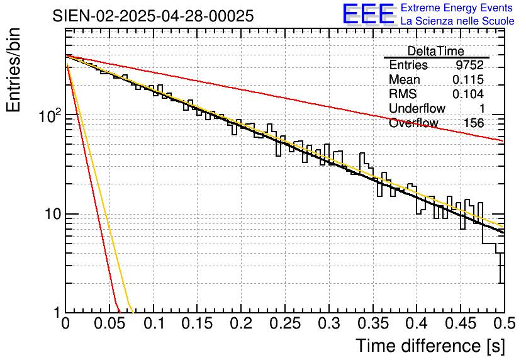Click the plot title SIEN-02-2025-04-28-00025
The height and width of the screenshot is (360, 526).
point(153,16)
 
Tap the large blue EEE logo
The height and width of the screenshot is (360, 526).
point(369,14)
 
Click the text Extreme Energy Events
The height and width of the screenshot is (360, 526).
point(457,8)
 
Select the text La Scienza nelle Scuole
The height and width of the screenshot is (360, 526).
point(457,21)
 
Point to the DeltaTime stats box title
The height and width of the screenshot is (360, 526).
point(436,51)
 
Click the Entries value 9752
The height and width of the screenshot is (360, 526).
point(470,65)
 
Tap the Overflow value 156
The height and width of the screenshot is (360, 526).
point(474,123)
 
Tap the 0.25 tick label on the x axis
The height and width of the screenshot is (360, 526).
point(241,325)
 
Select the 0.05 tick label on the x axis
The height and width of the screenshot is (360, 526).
point(109,325)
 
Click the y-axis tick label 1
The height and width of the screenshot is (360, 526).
point(57,313)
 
